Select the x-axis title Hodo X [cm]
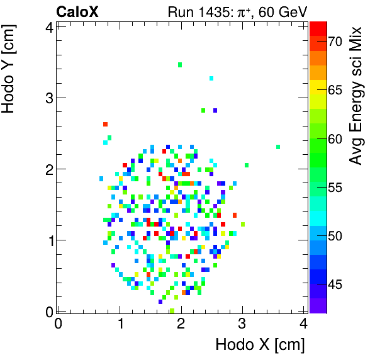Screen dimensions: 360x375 tap(260, 345)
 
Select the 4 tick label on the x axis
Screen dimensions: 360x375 tap(304, 324)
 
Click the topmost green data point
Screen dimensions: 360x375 tap(180, 65)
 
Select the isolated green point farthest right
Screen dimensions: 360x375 tap(278, 147)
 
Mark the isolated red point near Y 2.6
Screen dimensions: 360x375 tap(106, 124)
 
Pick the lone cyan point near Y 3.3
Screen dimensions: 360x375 tap(211, 78)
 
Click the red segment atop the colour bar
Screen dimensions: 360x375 tap(318, 27)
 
